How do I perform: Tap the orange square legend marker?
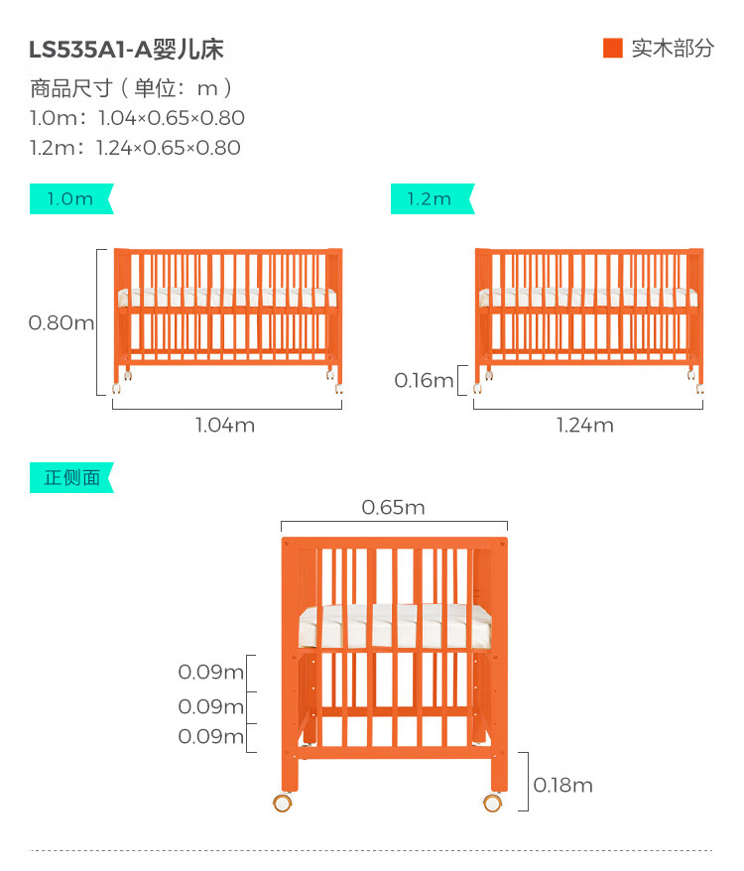(612, 48)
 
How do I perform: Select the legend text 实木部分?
(672, 49)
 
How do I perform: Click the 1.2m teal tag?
(430, 198)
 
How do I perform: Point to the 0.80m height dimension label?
(62, 322)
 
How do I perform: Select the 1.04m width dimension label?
(224, 426)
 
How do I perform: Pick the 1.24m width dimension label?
(584, 426)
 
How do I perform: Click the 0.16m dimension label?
(424, 380)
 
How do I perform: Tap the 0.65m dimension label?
(393, 508)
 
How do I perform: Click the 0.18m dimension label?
(562, 786)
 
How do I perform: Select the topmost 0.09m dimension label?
(210, 673)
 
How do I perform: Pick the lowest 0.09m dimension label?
(210, 737)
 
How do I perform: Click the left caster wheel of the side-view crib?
(284, 803)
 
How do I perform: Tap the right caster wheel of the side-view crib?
(493, 803)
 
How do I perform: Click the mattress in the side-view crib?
(395, 626)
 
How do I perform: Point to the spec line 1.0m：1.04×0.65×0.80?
(137, 118)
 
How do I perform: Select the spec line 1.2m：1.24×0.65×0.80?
(135, 148)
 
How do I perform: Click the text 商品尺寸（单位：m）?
(132, 88)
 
